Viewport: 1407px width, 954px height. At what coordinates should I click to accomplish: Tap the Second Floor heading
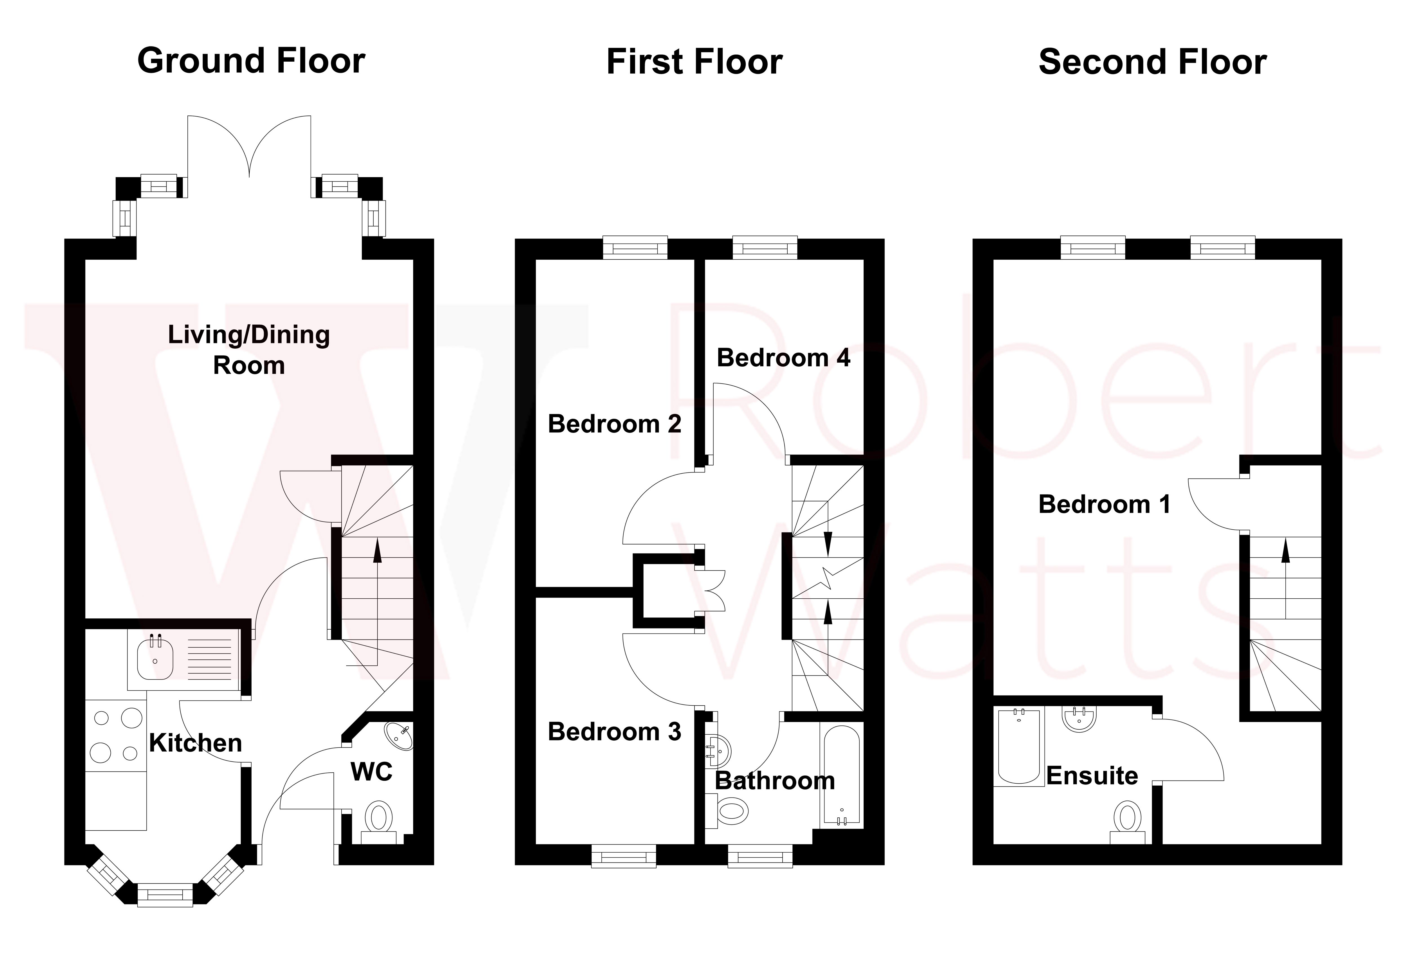click(1152, 63)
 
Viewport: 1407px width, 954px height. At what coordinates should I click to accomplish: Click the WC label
click(371, 772)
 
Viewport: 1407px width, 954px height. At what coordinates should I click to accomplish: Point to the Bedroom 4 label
click(783, 358)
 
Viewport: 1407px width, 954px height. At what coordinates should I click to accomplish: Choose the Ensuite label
click(1092, 776)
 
